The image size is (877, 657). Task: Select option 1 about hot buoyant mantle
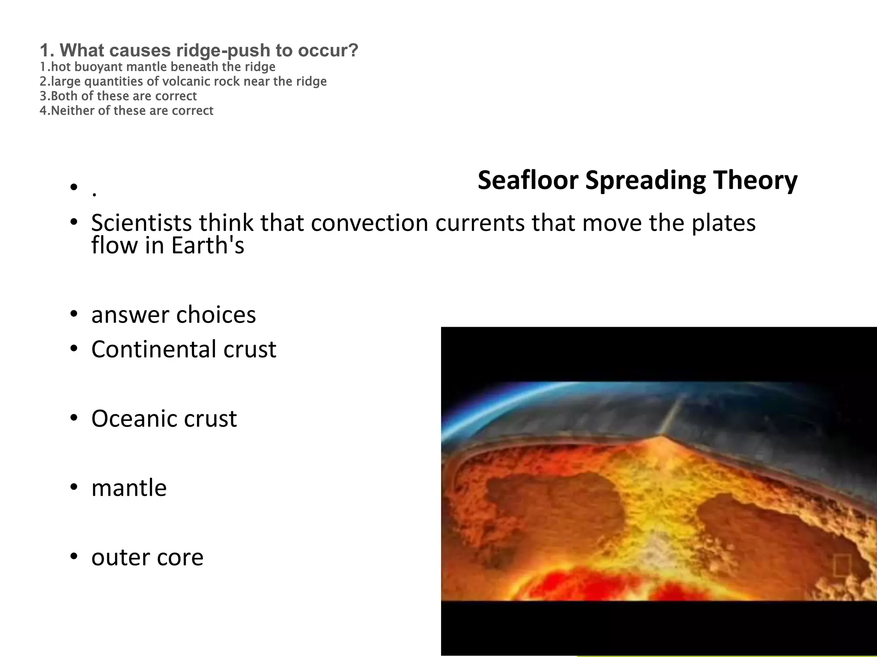[x=158, y=67]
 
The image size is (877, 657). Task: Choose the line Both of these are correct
[x=118, y=96]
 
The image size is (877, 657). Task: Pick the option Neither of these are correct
[x=126, y=111]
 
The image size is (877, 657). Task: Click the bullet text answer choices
[x=173, y=315]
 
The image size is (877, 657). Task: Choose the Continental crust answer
[x=184, y=349]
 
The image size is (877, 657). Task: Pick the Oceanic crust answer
[x=164, y=418]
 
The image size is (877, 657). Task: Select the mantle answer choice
[x=129, y=488]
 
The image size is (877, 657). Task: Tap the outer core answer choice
[x=147, y=557]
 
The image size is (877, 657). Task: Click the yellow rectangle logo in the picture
[x=841, y=566]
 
